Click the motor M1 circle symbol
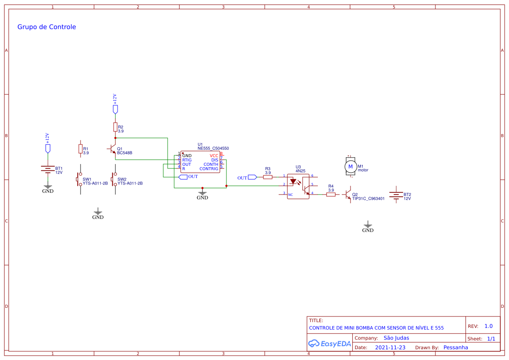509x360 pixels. coord(350,167)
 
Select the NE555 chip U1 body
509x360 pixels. coord(200,161)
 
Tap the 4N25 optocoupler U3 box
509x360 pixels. coord(298,186)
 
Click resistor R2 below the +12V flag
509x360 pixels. coord(115,127)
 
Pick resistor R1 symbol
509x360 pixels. coord(81,149)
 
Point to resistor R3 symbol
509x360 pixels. coord(267,177)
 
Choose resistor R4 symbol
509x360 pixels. coord(330,195)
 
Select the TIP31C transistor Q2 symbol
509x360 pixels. coord(347,195)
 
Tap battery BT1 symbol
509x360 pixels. coord(48,169)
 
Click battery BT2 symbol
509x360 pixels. coord(396,195)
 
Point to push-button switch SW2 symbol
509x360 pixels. coord(114,179)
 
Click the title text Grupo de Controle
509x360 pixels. coord(47,27)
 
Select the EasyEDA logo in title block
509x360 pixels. coord(330,343)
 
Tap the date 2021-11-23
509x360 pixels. coord(390,347)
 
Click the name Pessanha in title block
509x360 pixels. coord(456,347)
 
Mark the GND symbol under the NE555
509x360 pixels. coord(202,194)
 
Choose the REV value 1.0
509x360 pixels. coord(489,326)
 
